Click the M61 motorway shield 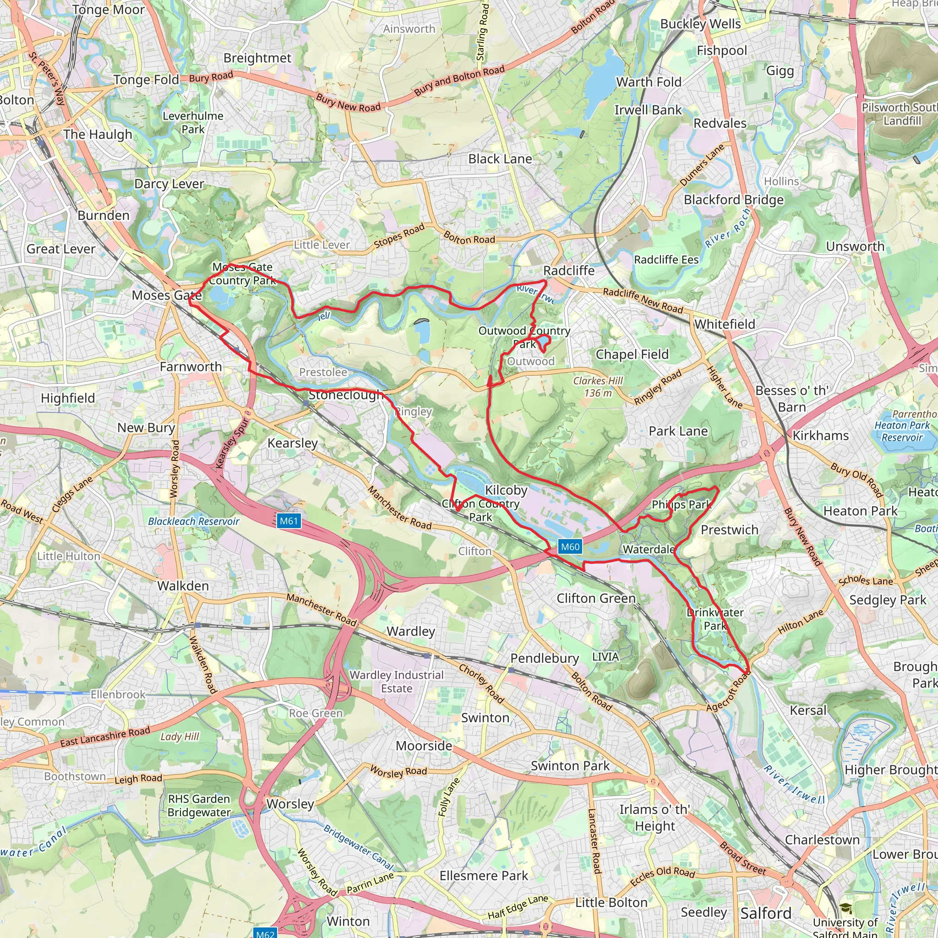click(x=289, y=521)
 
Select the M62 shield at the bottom click(x=266, y=933)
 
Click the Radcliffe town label click(x=568, y=270)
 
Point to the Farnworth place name click(x=191, y=366)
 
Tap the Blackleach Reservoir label click(x=194, y=521)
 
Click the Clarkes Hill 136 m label click(x=598, y=387)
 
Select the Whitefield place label click(x=725, y=324)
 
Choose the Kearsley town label click(x=292, y=443)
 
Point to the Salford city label click(x=766, y=913)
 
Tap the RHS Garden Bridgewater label click(x=199, y=806)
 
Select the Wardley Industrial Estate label click(x=397, y=681)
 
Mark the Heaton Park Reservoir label click(x=902, y=431)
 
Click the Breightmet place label click(x=257, y=58)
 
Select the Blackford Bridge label click(x=734, y=200)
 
